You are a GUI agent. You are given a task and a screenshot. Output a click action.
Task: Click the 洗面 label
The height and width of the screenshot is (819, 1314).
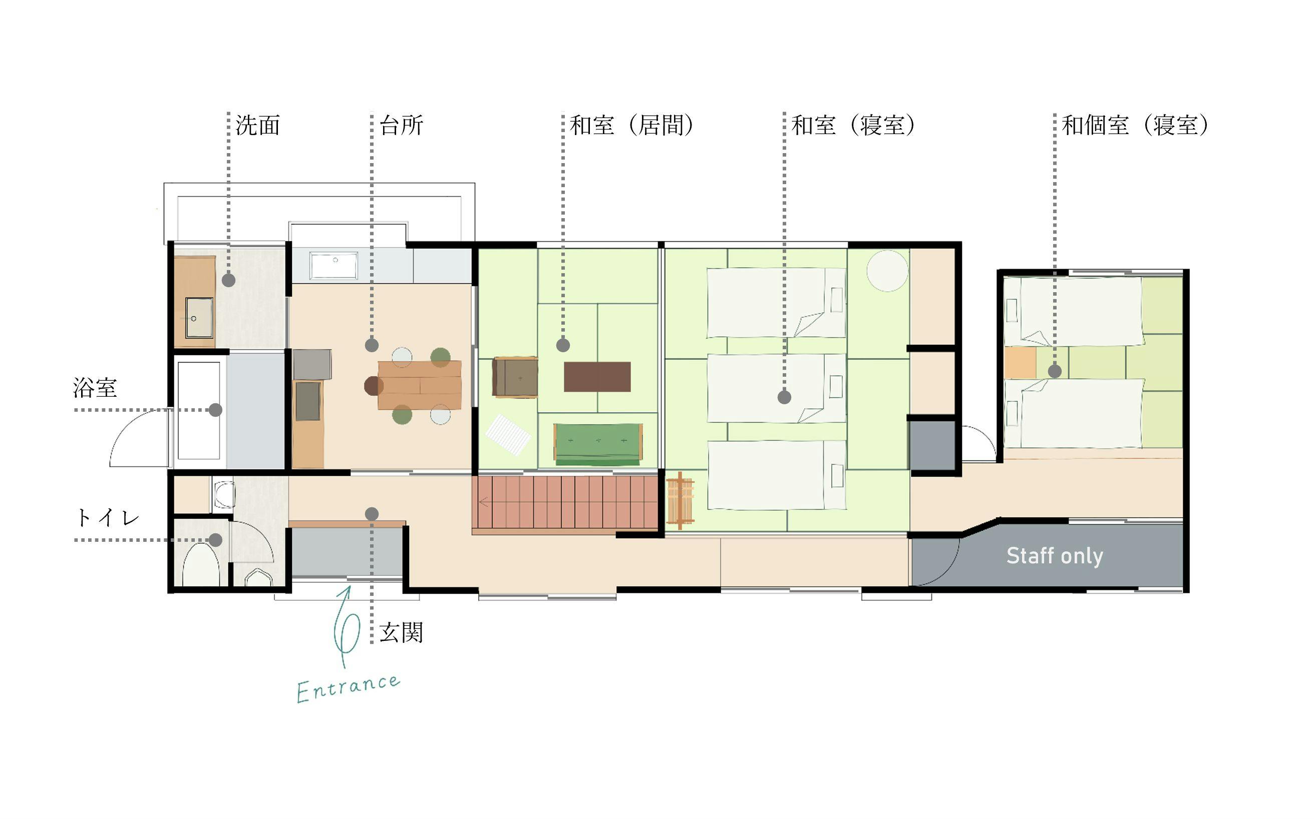[x=258, y=126]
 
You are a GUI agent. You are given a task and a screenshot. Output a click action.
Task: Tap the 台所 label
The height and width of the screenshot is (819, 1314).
[x=401, y=126]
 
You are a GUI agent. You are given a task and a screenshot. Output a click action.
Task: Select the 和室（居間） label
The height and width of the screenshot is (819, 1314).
[x=631, y=126]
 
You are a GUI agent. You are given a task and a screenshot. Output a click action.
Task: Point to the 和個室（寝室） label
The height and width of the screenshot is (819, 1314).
[x=1135, y=126]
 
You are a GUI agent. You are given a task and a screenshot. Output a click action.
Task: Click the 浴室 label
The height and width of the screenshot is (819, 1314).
[x=95, y=388]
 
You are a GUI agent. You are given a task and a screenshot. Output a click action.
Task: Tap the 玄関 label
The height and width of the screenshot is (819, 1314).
[x=401, y=632]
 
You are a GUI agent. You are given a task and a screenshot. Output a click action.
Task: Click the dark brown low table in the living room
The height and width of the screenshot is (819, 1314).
[x=597, y=376]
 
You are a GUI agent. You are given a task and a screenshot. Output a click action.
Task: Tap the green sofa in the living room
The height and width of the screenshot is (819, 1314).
[x=598, y=444]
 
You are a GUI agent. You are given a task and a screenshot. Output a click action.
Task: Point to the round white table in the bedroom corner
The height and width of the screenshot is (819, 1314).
[x=887, y=271]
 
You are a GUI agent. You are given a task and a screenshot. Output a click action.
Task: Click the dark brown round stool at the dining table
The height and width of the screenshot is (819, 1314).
[x=374, y=386]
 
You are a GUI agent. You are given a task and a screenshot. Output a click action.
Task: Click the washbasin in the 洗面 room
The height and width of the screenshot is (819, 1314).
[x=199, y=317]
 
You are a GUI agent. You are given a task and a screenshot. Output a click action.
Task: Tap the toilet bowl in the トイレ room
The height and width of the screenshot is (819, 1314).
[x=201, y=565]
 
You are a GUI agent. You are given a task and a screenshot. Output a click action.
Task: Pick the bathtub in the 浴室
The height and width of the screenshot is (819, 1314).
[x=199, y=411]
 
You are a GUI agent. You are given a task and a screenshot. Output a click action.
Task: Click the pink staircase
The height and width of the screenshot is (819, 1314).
[x=565, y=502]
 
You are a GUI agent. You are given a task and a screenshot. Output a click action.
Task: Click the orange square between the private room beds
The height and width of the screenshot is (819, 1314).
[x=1020, y=362]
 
